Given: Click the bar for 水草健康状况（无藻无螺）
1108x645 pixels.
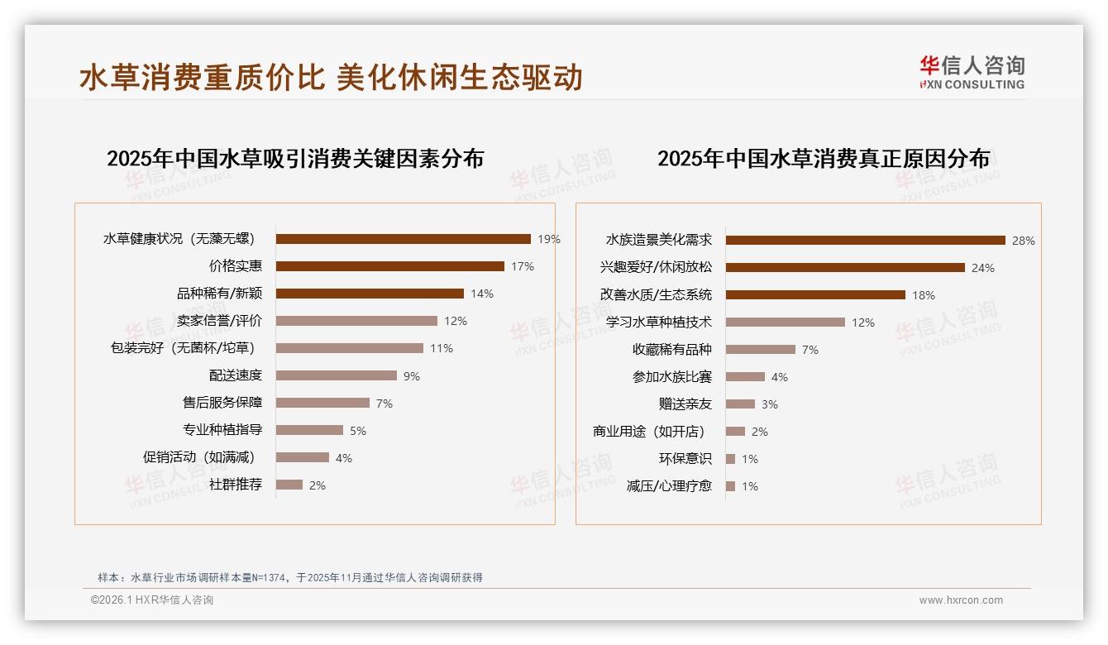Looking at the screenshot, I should tap(403, 239).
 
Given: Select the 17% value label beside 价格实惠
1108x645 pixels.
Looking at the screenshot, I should tap(522, 266).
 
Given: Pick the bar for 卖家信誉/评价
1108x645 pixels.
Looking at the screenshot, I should tap(356, 321).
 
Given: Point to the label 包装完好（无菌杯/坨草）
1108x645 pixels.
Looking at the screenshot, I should tap(182, 348).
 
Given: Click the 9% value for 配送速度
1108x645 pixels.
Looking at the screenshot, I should tap(411, 376).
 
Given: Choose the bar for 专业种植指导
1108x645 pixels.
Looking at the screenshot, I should tap(309, 430).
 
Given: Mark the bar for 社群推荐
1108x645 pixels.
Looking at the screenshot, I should tap(289, 485).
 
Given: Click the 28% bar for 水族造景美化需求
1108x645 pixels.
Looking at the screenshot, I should tap(865, 241).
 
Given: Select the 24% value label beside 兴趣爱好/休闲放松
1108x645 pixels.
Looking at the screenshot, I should tap(983, 268).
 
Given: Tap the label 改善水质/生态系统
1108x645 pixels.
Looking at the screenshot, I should tap(656, 295).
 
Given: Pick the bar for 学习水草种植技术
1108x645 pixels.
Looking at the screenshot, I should tap(785, 322).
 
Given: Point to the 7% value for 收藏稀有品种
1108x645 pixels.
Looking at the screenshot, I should tap(810, 350).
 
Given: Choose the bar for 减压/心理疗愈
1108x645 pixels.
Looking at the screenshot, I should tap(730, 486).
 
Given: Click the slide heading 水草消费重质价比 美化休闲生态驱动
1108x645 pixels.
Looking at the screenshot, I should tap(331, 77).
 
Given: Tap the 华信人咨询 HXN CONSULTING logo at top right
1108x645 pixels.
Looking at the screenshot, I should tap(972, 72).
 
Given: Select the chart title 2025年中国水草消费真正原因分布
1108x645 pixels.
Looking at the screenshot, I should tap(823, 158).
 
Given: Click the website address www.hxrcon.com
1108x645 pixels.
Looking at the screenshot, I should tap(960, 600).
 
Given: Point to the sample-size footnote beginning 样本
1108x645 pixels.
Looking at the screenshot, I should tap(289, 578).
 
